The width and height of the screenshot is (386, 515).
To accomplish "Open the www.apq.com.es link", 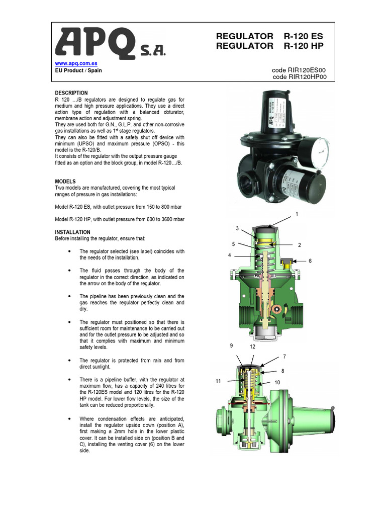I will (76, 64).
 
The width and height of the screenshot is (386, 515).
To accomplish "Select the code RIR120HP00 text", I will (300, 77).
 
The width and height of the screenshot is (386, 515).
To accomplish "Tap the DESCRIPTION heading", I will (71, 93).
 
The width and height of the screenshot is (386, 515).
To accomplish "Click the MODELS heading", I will (65, 181).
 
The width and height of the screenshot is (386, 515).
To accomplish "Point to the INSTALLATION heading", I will (72, 232).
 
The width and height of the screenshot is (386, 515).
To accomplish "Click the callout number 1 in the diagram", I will (297, 214).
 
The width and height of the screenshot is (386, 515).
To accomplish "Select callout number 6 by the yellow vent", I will (310, 261).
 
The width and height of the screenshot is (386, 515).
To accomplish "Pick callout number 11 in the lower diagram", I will (219, 382).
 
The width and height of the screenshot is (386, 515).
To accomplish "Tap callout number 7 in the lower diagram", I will (284, 357).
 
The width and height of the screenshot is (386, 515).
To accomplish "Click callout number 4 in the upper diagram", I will (229, 255).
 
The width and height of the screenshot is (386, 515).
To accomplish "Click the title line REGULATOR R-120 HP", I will (269, 46).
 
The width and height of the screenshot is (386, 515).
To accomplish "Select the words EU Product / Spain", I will (78, 70).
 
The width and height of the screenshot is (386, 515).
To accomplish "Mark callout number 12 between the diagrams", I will (253, 347).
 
